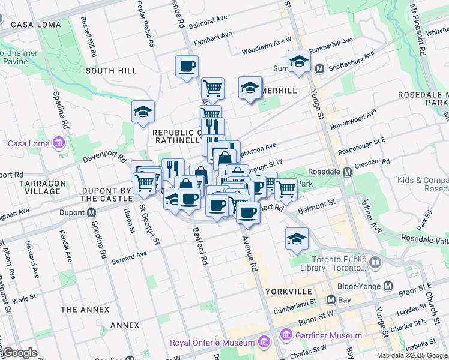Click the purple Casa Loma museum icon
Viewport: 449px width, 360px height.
click(58, 143)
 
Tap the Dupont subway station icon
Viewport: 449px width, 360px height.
click(92, 212)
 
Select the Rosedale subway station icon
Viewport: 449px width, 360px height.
click(347, 172)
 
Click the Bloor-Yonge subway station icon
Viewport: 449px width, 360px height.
click(388, 286)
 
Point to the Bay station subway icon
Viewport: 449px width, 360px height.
click(331, 299)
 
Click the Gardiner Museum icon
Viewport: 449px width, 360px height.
click(286, 335)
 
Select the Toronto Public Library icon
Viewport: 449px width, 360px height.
click(375, 262)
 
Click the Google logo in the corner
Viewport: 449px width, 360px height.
click(20, 352)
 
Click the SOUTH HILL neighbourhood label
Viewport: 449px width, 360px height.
click(111, 70)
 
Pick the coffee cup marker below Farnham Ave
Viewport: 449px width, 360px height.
click(187, 66)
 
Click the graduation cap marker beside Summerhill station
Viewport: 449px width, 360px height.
click(298, 61)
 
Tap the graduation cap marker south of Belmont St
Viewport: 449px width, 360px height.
click(297, 238)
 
